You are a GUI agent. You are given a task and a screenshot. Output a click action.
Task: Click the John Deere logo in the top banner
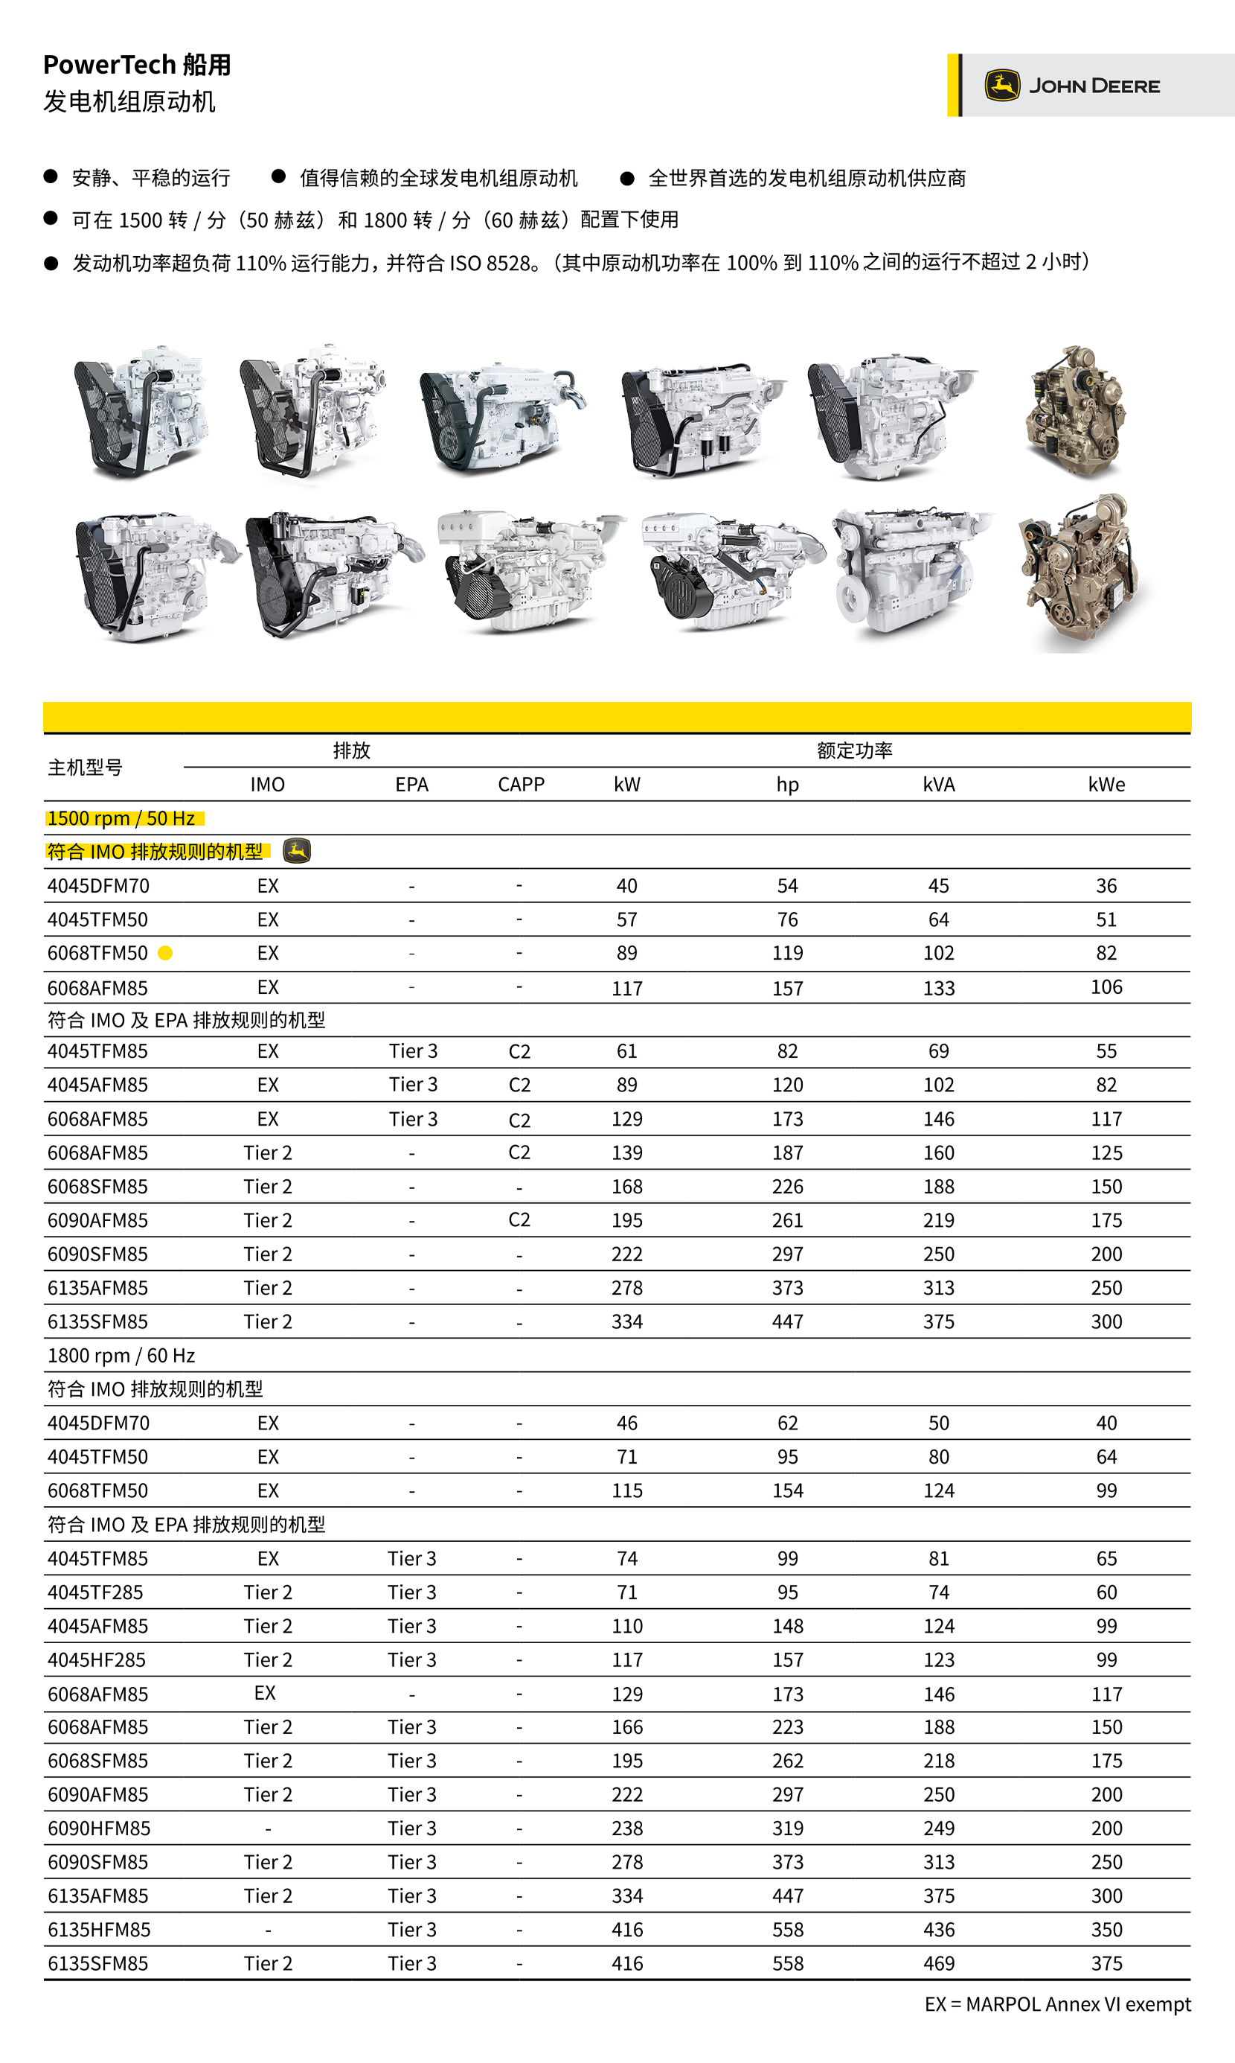click(x=1074, y=86)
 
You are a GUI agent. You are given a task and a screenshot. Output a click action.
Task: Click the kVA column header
click(x=938, y=784)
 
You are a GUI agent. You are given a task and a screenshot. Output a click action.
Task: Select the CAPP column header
click(x=521, y=784)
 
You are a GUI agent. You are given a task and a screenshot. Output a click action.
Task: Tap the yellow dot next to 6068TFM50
click(x=166, y=953)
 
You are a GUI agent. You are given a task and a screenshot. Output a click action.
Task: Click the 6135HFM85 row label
click(x=99, y=1929)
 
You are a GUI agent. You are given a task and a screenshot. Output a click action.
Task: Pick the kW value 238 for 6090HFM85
click(x=626, y=1828)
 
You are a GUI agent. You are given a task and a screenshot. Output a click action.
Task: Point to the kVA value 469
click(x=938, y=1963)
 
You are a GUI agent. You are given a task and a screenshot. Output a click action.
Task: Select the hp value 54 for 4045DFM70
click(x=786, y=886)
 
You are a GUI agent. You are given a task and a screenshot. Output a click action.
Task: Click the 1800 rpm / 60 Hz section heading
click(x=121, y=1355)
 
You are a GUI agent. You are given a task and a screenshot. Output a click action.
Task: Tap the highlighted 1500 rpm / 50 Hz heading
click(x=121, y=818)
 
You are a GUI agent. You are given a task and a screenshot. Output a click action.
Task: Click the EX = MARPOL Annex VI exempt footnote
click(x=1057, y=2004)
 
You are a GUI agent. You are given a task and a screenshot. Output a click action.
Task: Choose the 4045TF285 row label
click(x=96, y=1592)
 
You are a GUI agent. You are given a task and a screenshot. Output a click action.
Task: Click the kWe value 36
click(x=1106, y=886)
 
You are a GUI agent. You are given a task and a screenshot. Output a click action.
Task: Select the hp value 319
click(x=786, y=1828)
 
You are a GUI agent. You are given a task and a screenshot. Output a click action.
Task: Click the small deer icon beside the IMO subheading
click(x=297, y=851)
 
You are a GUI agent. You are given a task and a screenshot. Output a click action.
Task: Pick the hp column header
click(x=786, y=784)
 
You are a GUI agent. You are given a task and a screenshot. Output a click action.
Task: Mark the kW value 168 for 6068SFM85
click(x=626, y=1186)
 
